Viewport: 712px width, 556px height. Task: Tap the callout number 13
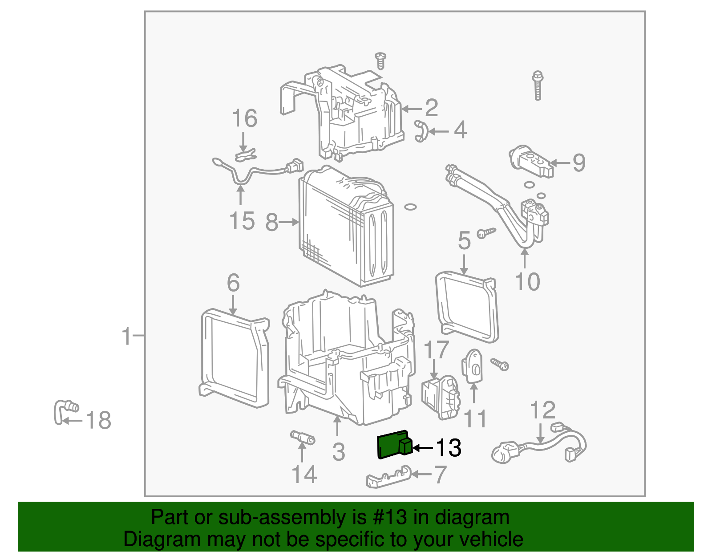[x=448, y=448]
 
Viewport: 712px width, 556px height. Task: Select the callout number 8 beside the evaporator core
[x=271, y=223]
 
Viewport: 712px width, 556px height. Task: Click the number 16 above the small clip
[x=244, y=119]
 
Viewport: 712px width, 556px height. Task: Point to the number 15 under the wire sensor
[x=242, y=221]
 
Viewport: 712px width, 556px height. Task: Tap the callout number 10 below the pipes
[x=527, y=282]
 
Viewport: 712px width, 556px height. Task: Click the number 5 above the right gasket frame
[x=464, y=241]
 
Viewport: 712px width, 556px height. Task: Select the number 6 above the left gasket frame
[x=233, y=283]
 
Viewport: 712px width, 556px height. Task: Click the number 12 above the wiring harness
[x=542, y=410]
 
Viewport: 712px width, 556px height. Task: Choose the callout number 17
[x=436, y=350]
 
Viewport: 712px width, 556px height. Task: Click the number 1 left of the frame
[x=127, y=336]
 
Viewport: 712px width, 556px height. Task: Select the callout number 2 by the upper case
[x=431, y=108]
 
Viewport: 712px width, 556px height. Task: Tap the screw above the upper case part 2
[x=380, y=61]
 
